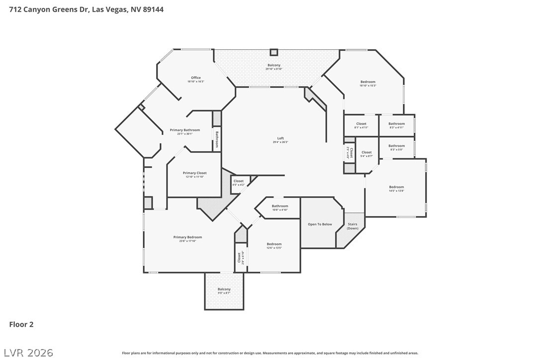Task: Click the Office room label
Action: coord(196,78)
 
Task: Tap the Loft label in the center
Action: coord(280,139)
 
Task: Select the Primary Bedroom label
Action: coord(187,238)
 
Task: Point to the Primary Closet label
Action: coord(194,173)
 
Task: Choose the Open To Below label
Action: coord(320,224)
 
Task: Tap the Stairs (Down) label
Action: coord(353,226)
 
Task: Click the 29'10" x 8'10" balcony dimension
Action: coord(273,69)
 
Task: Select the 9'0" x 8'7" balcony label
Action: coord(224,293)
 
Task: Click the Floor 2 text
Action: coord(21,325)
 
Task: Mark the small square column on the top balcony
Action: coord(273,52)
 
